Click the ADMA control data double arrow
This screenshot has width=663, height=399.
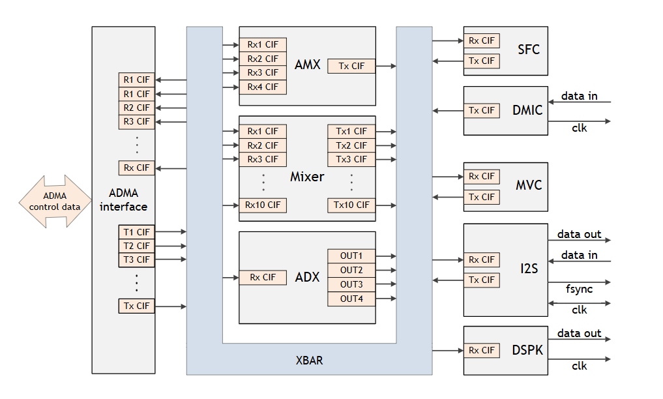[x=55, y=201]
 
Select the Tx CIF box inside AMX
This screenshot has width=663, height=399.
[x=351, y=66]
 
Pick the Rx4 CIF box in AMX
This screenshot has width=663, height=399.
[x=263, y=87]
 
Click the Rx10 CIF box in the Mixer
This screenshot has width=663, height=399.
[x=263, y=205]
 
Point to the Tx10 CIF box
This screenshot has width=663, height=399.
[x=351, y=205]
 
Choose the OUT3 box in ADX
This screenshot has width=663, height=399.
[x=351, y=284]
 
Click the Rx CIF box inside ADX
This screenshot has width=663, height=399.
[x=263, y=278]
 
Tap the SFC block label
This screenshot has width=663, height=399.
[x=529, y=50]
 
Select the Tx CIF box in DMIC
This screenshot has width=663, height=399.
[x=482, y=110]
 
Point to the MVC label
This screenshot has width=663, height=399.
[x=528, y=185]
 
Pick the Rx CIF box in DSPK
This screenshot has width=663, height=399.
[x=482, y=350]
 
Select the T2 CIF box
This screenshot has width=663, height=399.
[x=136, y=246]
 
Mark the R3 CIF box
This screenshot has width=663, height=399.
[x=136, y=121]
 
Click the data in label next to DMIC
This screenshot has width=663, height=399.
[x=579, y=96]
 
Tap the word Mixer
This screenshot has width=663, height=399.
[x=306, y=177]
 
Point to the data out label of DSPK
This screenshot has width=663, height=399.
[x=579, y=333]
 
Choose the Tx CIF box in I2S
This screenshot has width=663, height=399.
[x=482, y=280]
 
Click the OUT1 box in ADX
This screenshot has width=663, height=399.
[x=351, y=256]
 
